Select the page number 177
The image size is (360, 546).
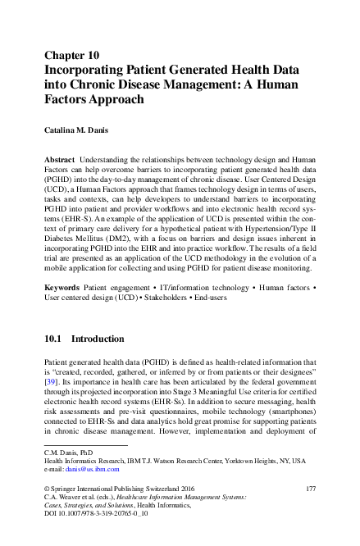310,489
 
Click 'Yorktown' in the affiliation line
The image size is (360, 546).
247,461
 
